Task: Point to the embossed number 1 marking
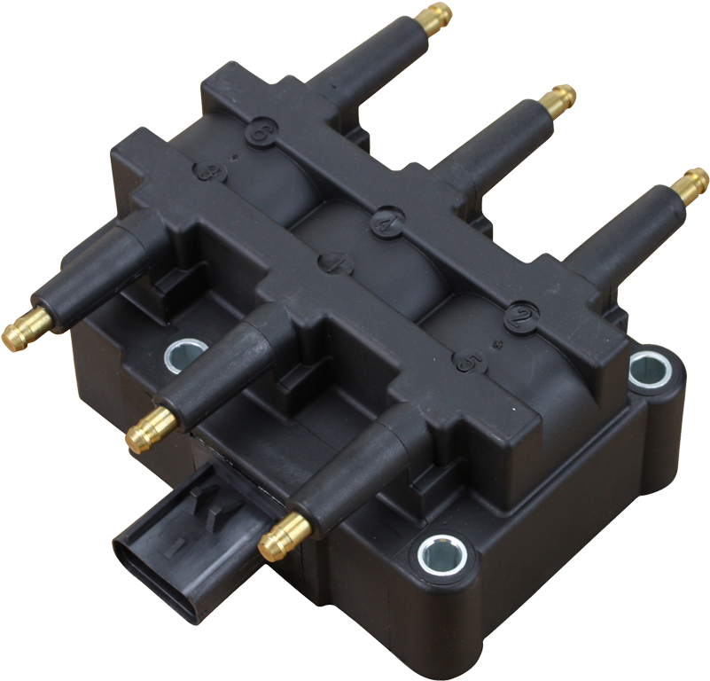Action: pyautogui.click(x=335, y=263)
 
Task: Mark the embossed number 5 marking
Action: pyautogui.click(x=467, y=361)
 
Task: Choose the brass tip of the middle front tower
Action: pyautogui.click(x=143, y=433)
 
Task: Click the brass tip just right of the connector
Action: pyautogui.click(x=275, y=542)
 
